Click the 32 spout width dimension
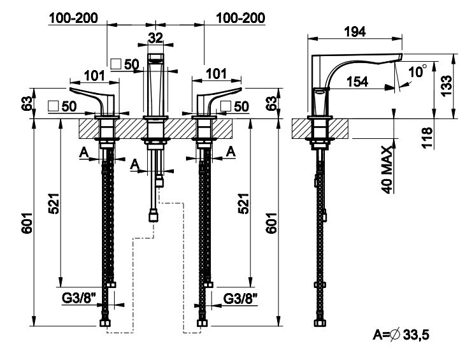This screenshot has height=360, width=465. (155, 37)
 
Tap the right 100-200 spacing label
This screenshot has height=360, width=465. (240, 18)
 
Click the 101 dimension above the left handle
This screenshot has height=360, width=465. (94, 75)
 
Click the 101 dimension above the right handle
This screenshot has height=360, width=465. (217, 75)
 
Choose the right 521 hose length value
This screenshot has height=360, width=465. (243, 205)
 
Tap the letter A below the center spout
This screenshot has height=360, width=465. (134, 164)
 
